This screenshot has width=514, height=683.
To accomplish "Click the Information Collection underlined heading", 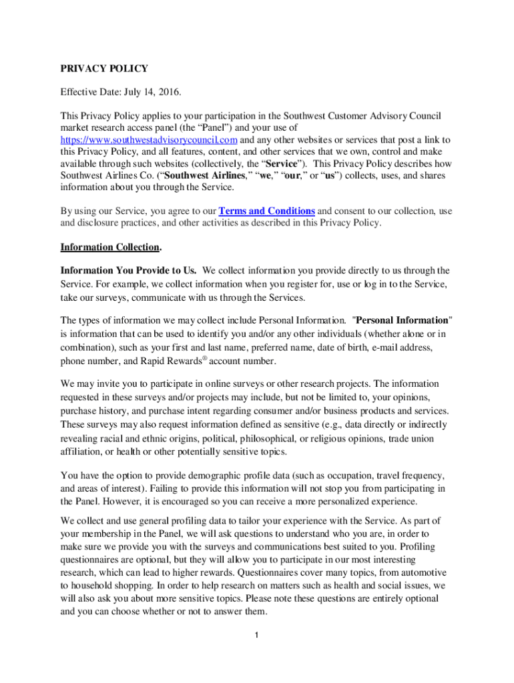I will point(109,247).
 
